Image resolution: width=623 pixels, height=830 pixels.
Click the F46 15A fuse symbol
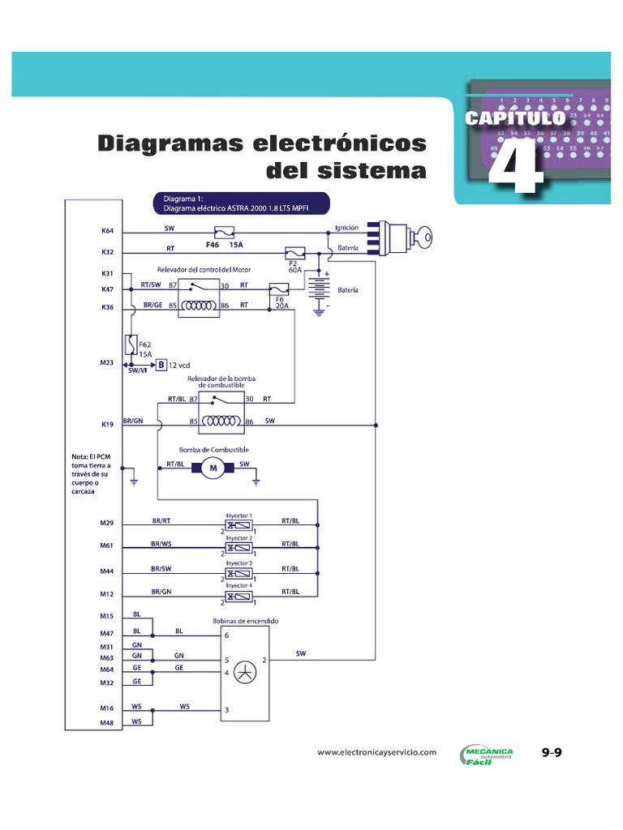(225, 231)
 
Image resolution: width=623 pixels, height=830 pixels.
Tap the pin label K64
(107, 231)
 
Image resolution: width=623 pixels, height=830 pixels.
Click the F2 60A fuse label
(295, 267)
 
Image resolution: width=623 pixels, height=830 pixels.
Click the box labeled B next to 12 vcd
(161, 366)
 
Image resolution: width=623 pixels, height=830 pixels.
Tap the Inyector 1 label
(238, 516)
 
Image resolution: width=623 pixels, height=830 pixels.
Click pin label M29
(107, 523)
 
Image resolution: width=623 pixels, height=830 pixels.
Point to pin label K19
(107, 424)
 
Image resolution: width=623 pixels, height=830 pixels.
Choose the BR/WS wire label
(161, 543)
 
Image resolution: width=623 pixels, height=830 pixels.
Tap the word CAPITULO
(514, 118)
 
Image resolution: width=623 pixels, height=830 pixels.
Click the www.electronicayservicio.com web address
(376, 752)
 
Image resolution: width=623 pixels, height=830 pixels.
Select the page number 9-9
(552, 753)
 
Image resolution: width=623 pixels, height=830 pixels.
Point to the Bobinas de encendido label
(246, 621)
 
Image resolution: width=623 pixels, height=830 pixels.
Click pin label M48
(107, 723)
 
